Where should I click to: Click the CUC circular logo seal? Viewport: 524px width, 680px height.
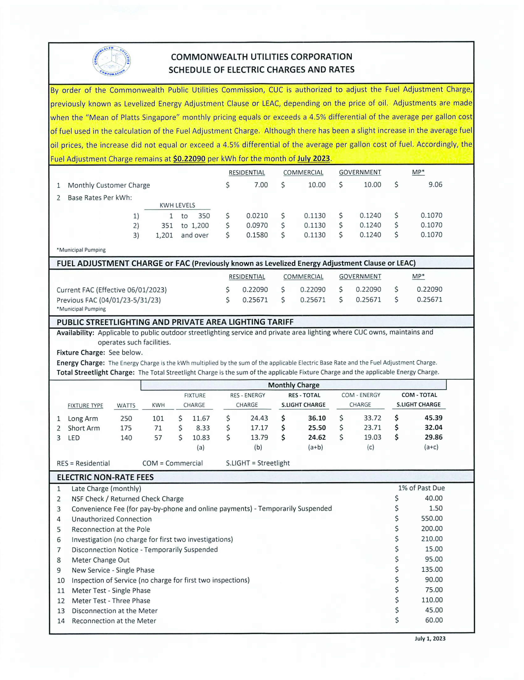point(112,61)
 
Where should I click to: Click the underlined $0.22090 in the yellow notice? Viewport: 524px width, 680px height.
point(189,159)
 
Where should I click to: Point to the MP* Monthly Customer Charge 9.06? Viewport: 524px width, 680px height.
point(435,185)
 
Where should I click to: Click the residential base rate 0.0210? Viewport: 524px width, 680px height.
point(257,216)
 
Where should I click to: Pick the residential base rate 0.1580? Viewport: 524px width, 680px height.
point(257,235)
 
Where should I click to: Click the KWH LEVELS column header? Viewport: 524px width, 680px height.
point(177,205)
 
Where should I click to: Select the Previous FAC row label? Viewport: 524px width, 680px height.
point(108,300)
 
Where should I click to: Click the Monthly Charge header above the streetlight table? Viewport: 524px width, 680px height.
point(293,385)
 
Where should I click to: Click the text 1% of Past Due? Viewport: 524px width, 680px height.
point(421,488)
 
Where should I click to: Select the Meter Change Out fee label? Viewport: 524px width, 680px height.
point(100,560)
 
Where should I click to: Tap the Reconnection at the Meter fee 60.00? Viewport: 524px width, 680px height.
point(434,620)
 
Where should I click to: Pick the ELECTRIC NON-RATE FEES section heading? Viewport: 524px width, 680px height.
point(105,477)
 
